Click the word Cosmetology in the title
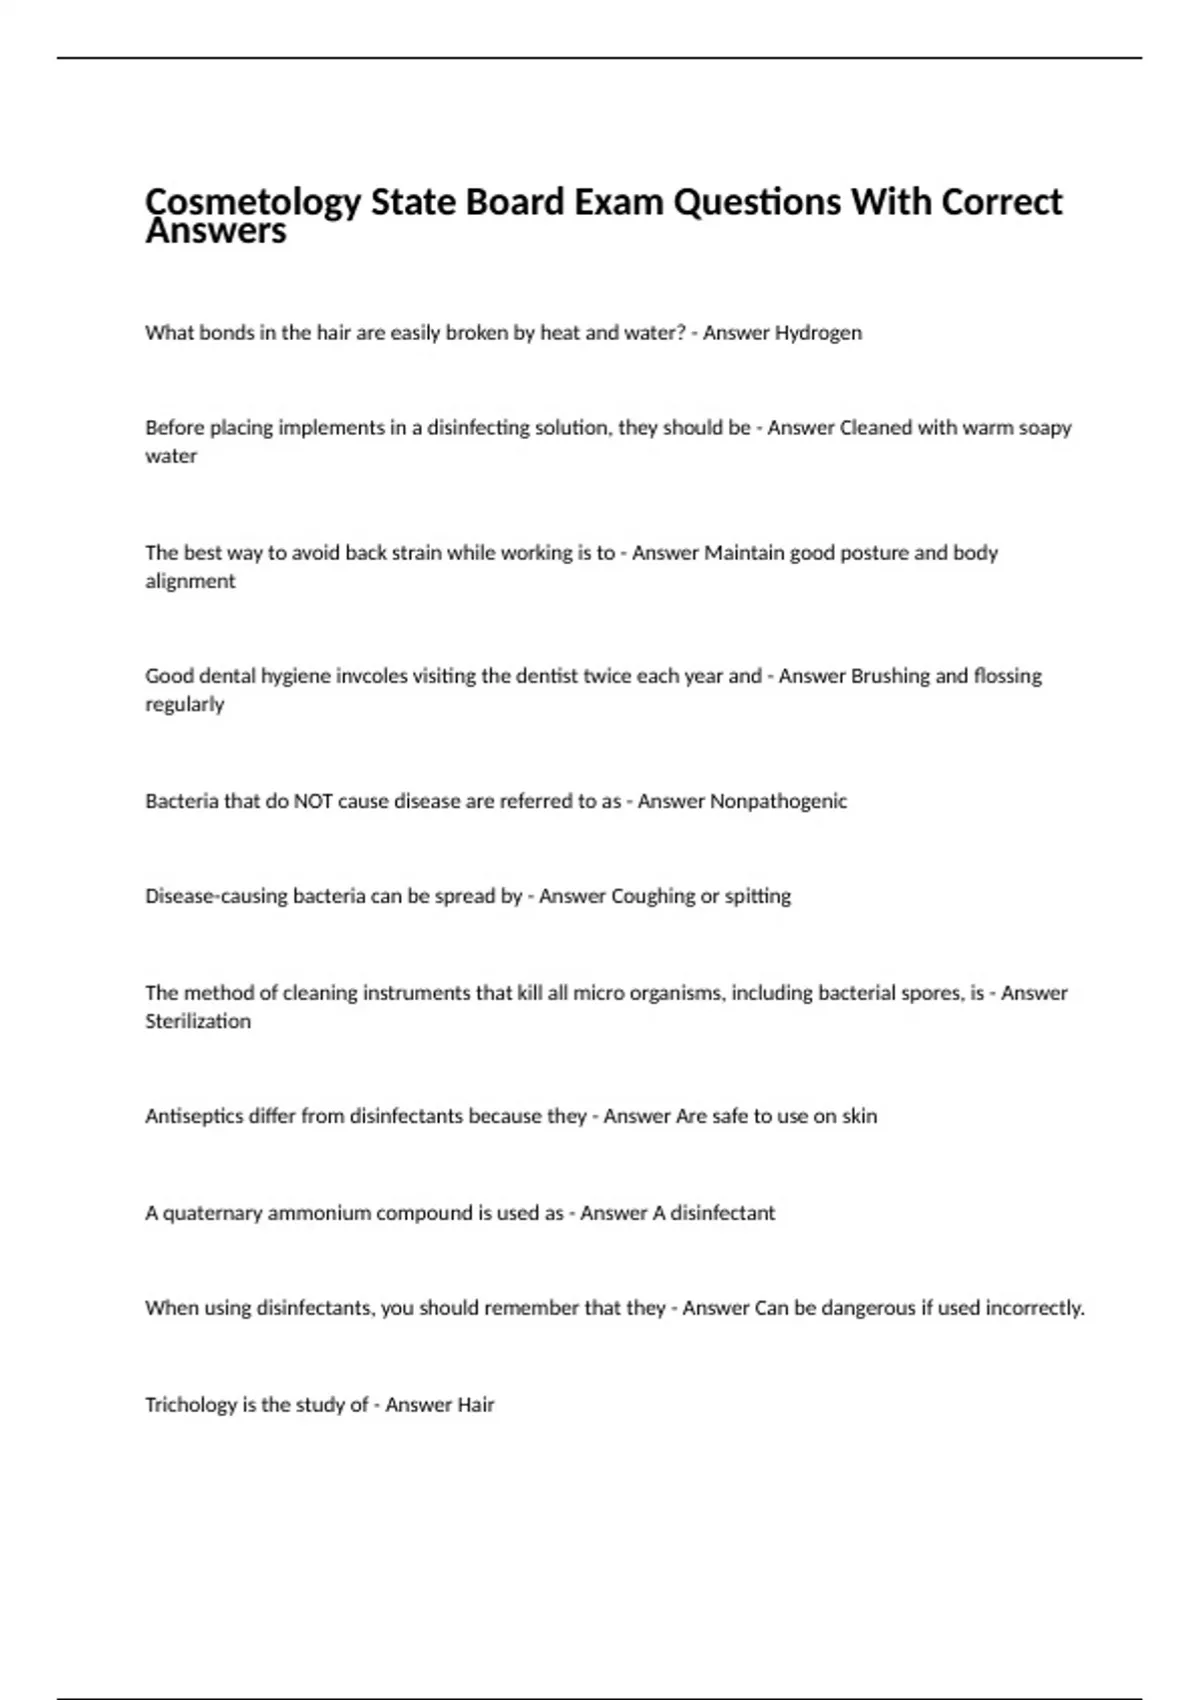click(253, 203)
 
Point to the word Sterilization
click(198, 1021)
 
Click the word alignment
click(190, 581)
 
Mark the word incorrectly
click(1035, 1308)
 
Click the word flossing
click(1001, 676)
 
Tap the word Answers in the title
click(216, 232)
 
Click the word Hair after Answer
click(475, 1405)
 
